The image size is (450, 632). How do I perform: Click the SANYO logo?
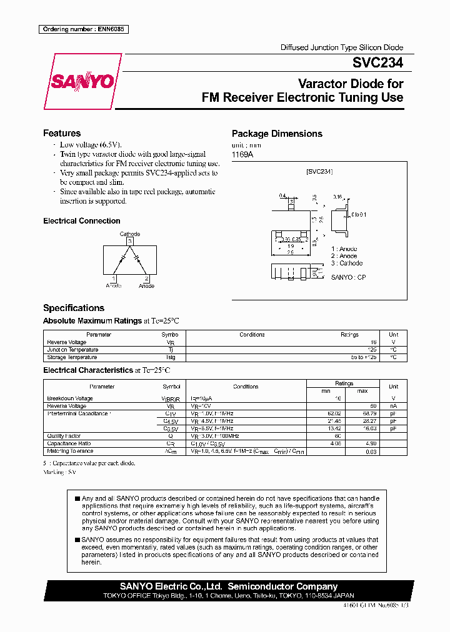pyautogui.click(x=82, y=82)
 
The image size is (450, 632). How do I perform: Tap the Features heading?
pyautogui.click(x=62, y=133)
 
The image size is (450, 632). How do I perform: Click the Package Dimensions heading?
pyautogui.click(x=277, y=134)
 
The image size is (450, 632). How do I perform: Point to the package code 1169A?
pyautogui.click(x=242, y=154)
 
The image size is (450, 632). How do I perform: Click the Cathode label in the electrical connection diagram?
pyautogui.click(x=130, y=234)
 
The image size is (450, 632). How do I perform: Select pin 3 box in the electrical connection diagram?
pyautogui.click(x=130, y=241)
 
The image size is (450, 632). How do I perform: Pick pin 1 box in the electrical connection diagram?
pyautogui.click(x=114, y=279)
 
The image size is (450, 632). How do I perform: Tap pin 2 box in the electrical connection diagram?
pyautogui.click(x=146, y=279)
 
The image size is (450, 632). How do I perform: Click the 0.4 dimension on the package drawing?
pyautogui.click(x=282, y=195)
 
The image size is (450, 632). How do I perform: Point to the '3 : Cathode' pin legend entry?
pyautogui.click(x=347, y=263)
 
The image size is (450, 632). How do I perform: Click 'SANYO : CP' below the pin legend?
pyautogui.click(x=348, y=277)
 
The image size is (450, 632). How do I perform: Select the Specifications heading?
pyautogui.click(x=73, y=308)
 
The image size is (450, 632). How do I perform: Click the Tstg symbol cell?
pyautogui.click(x=171, y=357)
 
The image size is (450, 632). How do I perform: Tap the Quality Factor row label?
pyautogui.click(x=64, y=436)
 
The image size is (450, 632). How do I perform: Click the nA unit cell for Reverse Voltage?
pyautogui.click(x=393, y=406)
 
